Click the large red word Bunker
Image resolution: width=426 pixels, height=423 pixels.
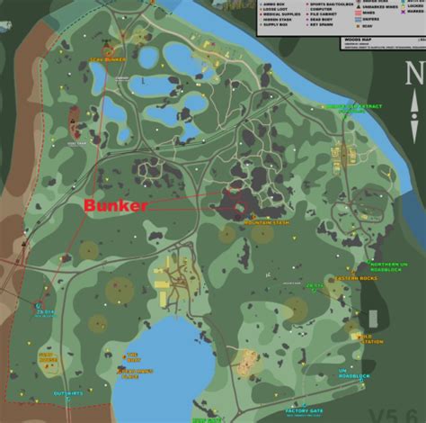click(115, 206)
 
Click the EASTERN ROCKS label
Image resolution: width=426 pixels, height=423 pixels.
click(351, 280)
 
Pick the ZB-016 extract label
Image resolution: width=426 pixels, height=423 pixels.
click(315, 287)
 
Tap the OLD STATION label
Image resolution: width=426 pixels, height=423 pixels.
click(371, 339)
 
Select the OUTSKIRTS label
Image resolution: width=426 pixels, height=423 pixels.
click(67, 393)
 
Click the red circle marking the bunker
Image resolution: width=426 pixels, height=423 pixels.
click(240, 205)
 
